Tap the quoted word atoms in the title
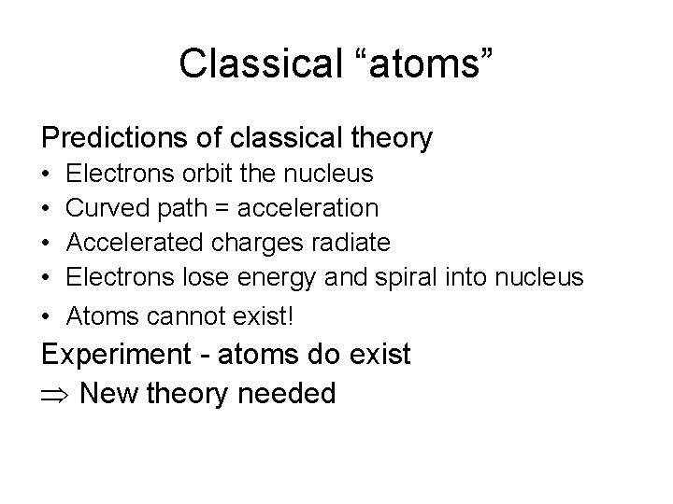click(416, 63)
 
